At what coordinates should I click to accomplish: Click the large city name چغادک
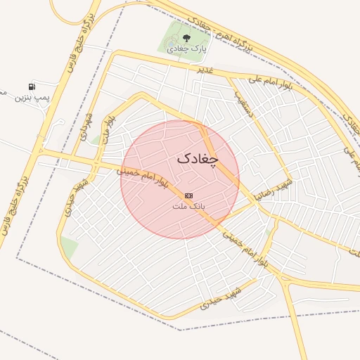pos(198,159)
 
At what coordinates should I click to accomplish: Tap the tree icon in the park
pos(186,38)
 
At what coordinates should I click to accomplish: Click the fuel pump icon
pos(32,86)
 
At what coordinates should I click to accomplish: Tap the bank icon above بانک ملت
pos(188,195)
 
